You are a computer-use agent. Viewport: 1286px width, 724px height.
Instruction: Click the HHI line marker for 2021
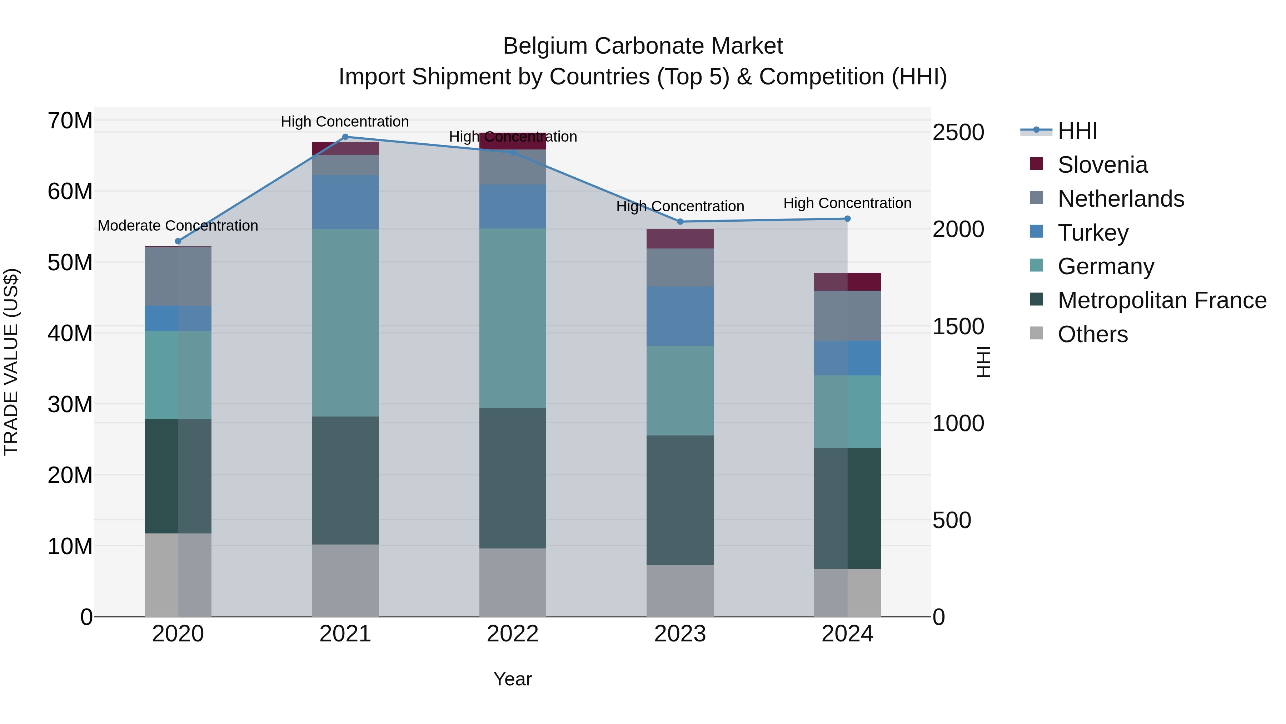point(345,137)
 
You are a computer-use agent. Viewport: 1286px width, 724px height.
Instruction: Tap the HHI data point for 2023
point(680,221)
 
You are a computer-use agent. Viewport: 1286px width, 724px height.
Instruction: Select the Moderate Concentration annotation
point(178,226)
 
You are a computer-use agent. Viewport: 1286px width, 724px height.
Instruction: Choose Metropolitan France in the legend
point(1162,300)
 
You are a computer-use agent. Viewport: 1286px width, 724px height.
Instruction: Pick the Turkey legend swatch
point(1036,232)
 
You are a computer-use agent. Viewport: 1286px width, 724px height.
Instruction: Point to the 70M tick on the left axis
point(70,121)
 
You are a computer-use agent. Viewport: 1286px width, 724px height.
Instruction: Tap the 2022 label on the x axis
point(512,634)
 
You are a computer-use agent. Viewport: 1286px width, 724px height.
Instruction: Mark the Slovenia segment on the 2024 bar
point(847,282)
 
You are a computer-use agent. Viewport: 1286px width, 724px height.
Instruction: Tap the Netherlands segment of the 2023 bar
point(680,267)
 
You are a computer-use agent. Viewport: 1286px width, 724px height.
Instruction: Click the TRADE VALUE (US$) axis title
point(11,362)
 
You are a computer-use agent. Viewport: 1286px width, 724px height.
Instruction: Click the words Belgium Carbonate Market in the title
point(643,46)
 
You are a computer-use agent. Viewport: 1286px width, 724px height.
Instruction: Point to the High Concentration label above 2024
point(847,203)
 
